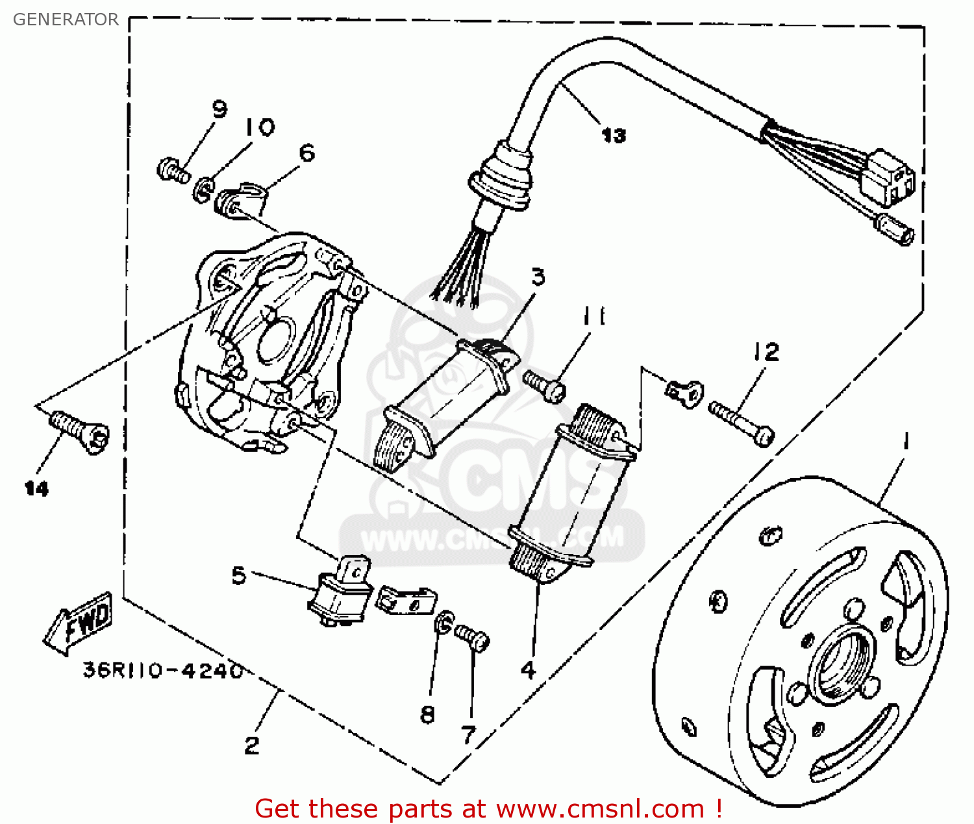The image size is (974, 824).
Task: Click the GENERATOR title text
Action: [66, 19]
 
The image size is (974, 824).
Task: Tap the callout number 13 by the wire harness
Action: [613, 135]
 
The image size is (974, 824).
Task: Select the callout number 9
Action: [219, 109]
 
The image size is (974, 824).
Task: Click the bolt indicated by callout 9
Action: [173, 171]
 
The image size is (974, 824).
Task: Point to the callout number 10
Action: [260, 127]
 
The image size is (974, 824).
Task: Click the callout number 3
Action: [538, 277]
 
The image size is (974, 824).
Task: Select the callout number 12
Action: [766, 352]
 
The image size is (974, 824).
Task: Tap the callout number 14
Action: [36, 488]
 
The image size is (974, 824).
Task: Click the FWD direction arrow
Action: [79, 623]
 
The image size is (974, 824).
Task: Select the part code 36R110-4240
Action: [163, 670]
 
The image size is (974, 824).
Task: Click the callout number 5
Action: [239, 575]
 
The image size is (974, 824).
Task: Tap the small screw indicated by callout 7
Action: [472, 636]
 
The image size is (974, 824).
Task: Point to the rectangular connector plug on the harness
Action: [888, 175]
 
